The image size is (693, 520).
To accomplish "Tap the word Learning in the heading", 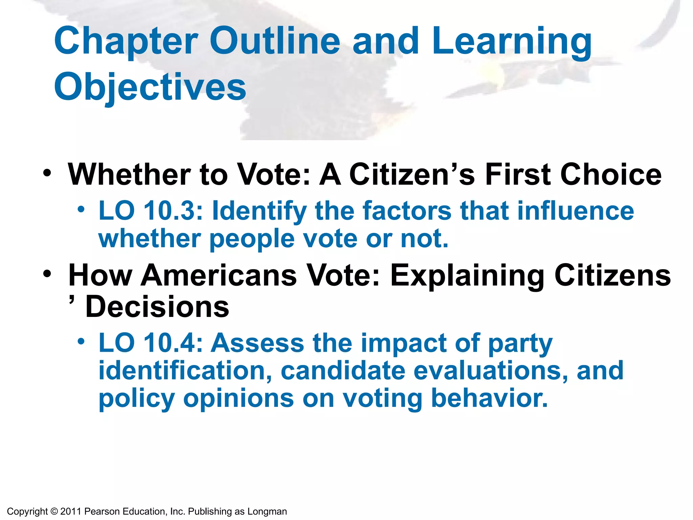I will click(x=512, y=41).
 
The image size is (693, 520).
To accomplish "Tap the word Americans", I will click(x=219, y=275).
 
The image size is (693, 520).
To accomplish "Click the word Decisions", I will click(x=157, y=307).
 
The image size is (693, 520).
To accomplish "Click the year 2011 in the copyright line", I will click(x=71, y=512).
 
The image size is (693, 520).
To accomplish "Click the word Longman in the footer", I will click(x=267, y=512).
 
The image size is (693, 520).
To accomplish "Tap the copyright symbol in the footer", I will click(x=54, y=512).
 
